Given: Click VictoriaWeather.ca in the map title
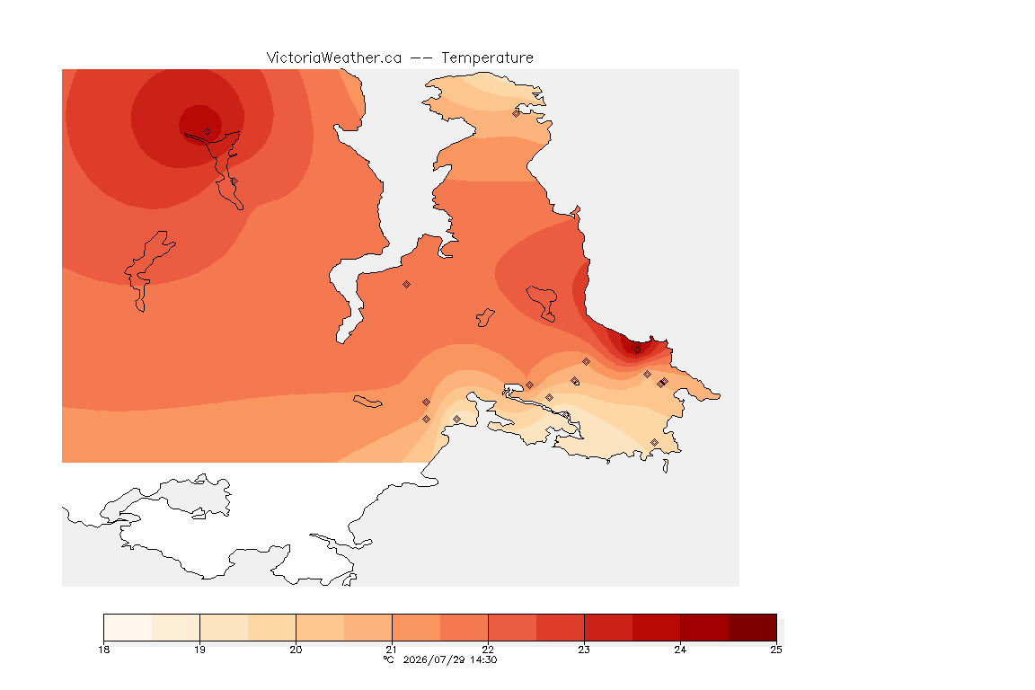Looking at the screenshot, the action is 334,58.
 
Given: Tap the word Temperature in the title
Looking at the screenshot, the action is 487,58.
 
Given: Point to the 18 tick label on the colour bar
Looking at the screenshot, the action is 103,650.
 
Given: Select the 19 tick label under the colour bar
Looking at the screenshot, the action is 199,650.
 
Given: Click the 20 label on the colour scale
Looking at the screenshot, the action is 296,650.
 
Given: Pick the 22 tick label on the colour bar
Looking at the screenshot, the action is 488,650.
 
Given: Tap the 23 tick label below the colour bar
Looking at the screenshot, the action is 584,650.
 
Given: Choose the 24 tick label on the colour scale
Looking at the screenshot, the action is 680,650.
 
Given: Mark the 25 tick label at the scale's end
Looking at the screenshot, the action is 776,650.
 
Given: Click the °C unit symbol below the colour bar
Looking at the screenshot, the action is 388,659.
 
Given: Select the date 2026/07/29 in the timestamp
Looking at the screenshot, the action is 434,659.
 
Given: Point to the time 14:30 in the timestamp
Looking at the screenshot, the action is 483,659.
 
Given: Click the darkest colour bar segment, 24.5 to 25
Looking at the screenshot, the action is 753,627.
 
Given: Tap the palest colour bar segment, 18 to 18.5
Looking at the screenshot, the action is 128,627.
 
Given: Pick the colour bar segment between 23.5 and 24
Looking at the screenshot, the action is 656,627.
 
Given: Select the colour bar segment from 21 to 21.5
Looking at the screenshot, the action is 416,627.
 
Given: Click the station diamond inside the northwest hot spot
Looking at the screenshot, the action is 208,132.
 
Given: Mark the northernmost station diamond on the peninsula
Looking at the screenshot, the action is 517,113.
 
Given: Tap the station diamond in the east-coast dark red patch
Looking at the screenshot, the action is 637,350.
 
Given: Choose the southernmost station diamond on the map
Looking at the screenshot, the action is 654,442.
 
